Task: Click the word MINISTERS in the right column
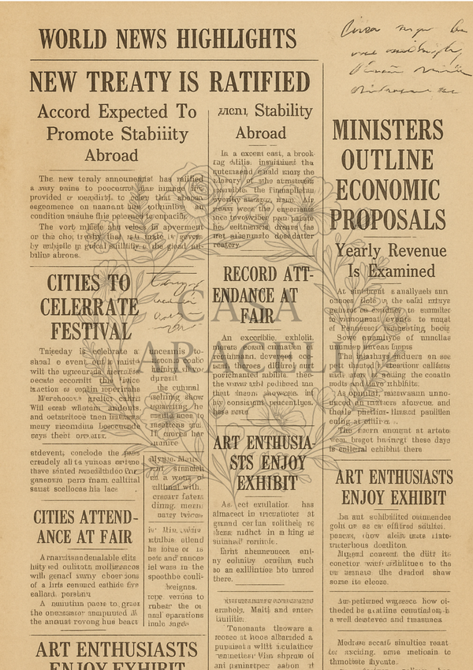tap(388, 130)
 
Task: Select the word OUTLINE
tap(388, 159)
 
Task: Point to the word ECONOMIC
tap(388, 190)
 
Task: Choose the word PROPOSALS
tap(388, 220)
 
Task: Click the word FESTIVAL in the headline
tap(86, 329)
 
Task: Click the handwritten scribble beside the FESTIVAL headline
tap(175, 301)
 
